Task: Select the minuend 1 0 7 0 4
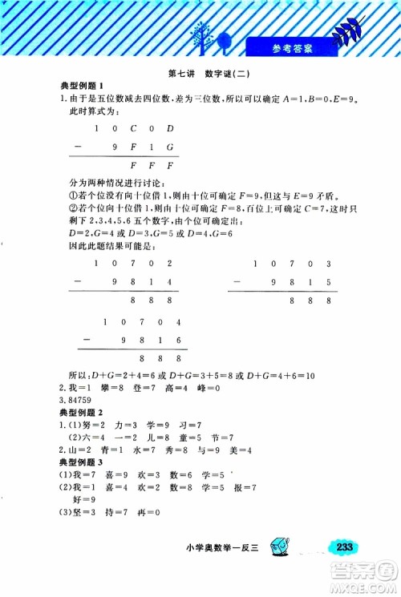[145, 322]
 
